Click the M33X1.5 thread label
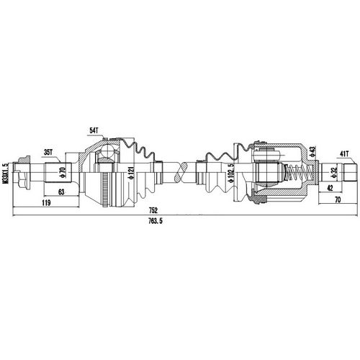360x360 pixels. (x=5, y=174)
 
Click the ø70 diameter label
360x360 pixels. (x=62, y=174)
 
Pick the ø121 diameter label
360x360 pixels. (x=130, y=174)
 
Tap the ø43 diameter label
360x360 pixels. (x=312, y=152)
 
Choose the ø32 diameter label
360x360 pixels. (x=333, y=174)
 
